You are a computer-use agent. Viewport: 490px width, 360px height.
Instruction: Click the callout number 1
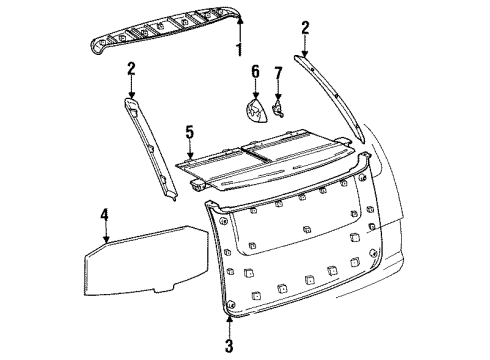pyautogui.click(x=238, y=48)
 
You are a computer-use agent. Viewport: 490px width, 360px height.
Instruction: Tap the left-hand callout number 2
pyautogui.click(x=131, y=67)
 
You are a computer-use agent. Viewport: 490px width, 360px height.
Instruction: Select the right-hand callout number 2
pyautogui.click(x=305, y=27)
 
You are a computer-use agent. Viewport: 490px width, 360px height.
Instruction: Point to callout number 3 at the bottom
pyautogui.click(x=230, y=348)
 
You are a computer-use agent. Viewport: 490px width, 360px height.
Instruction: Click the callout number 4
pyautogui.click(x=104, y=213)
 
